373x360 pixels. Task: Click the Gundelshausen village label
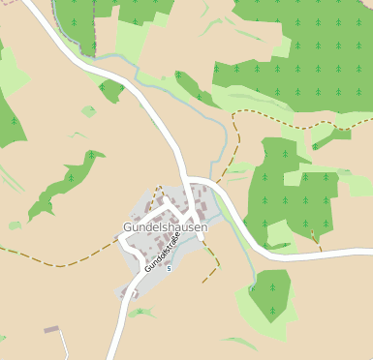coord(165,227)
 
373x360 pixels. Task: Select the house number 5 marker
coord(169,268)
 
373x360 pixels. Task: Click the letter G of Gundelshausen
coord(128,227)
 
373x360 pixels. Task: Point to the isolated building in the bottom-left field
coord(51,330)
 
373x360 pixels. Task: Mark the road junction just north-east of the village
coord(191,182)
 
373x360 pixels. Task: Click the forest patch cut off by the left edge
coord(8,121)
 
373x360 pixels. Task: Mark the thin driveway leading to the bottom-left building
coord(64,344)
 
